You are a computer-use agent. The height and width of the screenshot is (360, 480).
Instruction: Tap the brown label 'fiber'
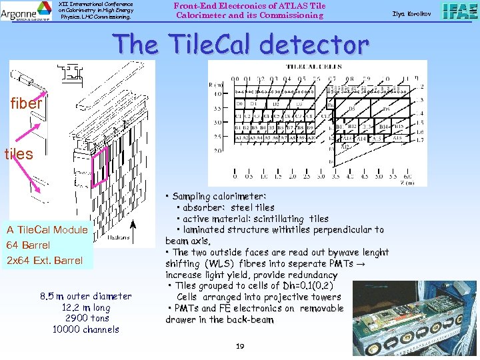click(26, 103)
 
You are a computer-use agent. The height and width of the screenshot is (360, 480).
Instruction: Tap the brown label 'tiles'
click(19, 153)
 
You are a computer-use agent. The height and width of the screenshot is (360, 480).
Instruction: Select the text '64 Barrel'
click(28, 245)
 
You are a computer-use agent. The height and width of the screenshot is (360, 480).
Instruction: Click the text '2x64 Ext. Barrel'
click(45, 260)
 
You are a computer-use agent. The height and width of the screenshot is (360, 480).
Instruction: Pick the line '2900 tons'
click(83, 318)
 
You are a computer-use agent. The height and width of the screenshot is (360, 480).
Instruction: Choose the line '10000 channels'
click(83, 329)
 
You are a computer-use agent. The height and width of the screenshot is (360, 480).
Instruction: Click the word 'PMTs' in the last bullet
click(188, 308)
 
